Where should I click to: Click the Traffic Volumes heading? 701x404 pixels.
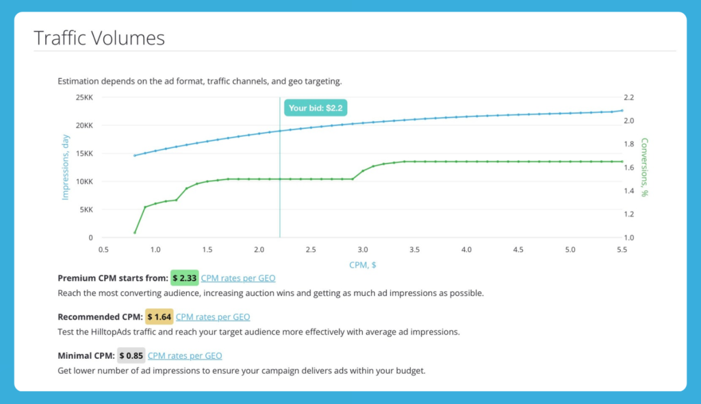(x=99, y=38)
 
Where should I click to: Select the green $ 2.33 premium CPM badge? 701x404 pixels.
(x=184, y=278)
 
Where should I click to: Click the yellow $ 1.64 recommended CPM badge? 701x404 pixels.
(x=160, y=317)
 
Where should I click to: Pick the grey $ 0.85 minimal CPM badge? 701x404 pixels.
(x=131, y=356)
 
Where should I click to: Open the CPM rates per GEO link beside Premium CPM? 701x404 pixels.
(x=238, y=278)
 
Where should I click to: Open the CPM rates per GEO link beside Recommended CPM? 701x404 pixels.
(x=213, y=317)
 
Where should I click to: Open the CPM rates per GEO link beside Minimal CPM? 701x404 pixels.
(x=185, y=356)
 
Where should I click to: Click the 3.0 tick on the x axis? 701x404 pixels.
(x=363, y=250)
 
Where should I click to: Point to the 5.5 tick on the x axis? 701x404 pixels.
(x=622, y=250)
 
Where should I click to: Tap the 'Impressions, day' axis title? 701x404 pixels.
(x=66, y=168)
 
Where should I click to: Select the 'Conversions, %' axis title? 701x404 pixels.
(x=644, y=168)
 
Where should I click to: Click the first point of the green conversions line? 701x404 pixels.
(x=135, y=233)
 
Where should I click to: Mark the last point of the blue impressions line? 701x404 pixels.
(x=622, y=110)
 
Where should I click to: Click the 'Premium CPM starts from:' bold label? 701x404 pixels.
(x=113, y=278)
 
